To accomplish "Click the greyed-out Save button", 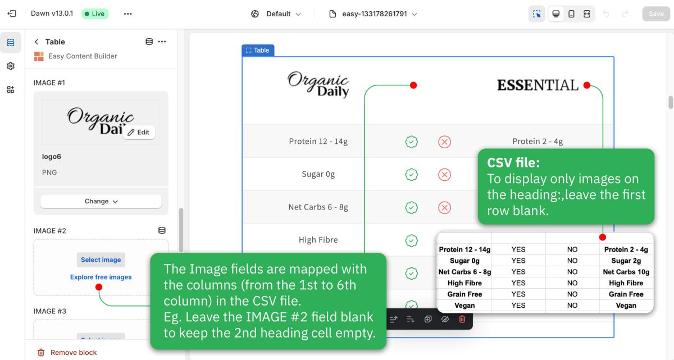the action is (656, 14).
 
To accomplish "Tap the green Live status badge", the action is (95, 14).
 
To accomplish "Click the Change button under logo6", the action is (101, 201).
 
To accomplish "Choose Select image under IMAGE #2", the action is (101, 259).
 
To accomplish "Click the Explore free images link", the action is (101, 277).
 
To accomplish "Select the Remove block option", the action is (67, 352).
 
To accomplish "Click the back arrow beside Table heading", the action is (37, 42).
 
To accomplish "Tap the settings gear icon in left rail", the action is (11, 66).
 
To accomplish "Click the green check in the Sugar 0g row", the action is (411, 175).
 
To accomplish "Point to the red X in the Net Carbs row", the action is (444, 207).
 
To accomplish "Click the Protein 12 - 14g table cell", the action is (318, 142).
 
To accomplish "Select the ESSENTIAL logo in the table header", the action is (538, 85).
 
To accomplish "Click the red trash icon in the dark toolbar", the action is (462, 319).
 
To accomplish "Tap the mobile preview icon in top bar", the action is (571, 14).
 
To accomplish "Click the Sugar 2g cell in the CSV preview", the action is (626, 261).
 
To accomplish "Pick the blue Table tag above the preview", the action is (258, 50).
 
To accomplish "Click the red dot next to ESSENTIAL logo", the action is (587, 85).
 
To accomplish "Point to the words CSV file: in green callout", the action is (513, 163).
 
